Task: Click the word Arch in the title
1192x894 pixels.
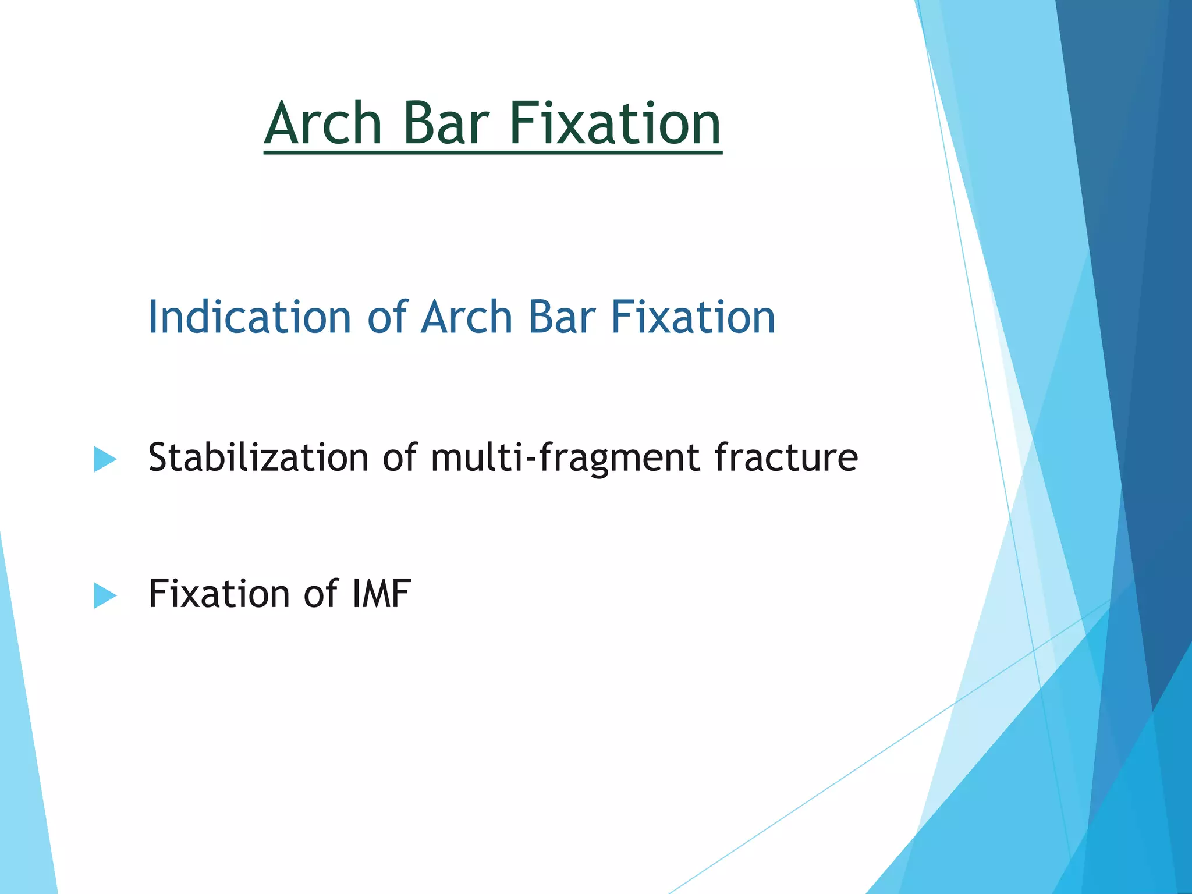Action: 324,123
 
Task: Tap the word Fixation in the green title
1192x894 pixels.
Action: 615,123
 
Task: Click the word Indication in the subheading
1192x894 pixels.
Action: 250,317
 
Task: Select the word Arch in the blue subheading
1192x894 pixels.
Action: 466,317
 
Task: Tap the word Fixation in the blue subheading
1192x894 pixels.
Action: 693,317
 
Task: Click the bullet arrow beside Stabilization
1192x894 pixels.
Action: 105,460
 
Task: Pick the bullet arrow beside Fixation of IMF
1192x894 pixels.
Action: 105,596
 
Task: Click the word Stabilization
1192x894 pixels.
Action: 258,457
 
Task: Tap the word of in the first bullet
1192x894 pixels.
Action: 400,457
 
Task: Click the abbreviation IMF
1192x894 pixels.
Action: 381,594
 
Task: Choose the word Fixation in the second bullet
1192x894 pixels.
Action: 219,594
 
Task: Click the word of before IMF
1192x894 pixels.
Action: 320,594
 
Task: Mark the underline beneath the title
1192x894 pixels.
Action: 492,152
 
